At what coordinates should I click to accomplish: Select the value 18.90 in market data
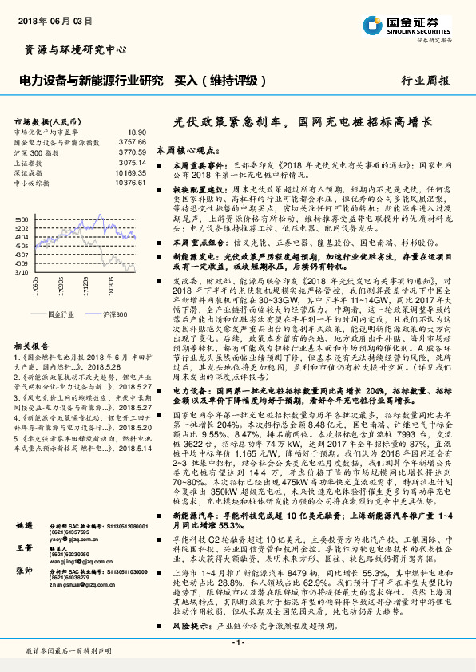[x=137, y=132]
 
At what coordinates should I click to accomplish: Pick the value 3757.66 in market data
[x=133, y=141]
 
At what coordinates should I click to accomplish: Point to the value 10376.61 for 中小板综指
[x=132, y=182]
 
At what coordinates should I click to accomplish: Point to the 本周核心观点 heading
[x=187, y=149]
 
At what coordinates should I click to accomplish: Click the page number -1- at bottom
[x=238, y=642]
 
